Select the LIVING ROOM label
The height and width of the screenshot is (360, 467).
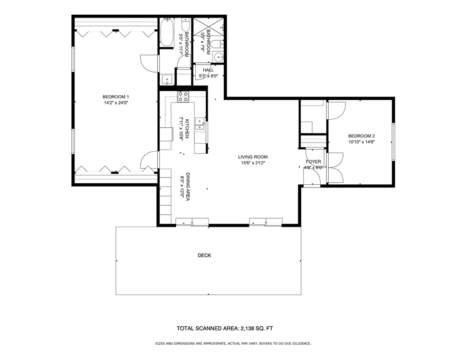coord(253,157)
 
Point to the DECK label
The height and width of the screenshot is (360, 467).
coord(204,256)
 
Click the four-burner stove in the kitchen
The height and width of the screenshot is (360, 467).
coord(183,97)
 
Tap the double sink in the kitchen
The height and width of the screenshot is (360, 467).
coord(201,125)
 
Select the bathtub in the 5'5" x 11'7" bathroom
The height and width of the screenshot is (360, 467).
coord(167,32)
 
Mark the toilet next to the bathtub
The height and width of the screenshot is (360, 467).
coord(185,26)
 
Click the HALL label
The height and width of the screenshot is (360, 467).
coord(208,70)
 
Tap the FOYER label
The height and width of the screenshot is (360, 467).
coord(314,162)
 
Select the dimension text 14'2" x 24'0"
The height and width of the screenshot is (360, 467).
coord(116,103)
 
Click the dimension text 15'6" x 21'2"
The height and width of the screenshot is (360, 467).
coord(253,163)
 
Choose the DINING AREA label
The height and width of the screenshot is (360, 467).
coord(188,187)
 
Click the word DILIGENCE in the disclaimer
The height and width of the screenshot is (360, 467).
coord(297,343)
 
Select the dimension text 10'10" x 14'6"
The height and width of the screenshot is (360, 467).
coord(362,141)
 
